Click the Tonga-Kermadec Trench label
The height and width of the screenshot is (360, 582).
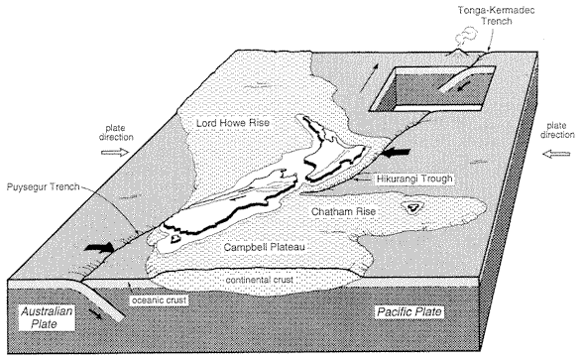pyautogui.click(x=497, y=16)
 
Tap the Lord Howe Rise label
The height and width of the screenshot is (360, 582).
pyautogui.click(x=233, y=123)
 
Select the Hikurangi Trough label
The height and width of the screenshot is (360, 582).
pyautogui.click(x=414, y=179)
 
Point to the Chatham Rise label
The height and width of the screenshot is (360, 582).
pyautogui.click(x=343, y=212)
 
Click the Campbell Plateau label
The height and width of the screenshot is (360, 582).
pyautogui.click(x=265, y=247)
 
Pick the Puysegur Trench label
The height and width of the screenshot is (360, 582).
pyautogui.click(x=43, y=186)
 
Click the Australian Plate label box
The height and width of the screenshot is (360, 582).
pyautogui.click(x=47, y=317)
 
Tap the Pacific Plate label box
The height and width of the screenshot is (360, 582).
pyautogui.click(x=409, y=311)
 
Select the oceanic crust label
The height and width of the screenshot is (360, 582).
pyautogui.click(x=160, y=300)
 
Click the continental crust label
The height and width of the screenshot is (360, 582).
pyautogui.click(x=260, y=280)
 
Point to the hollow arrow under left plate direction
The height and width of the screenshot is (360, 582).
pyautogui.click(x=115, y=152)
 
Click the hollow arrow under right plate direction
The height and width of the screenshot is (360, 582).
pyautogui.click(x=556, y=154)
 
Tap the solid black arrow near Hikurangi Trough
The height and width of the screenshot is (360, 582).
pyautogui.click(x=396, y=152)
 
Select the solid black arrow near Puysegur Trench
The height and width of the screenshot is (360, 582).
pyautogui.click(x=99, y=247)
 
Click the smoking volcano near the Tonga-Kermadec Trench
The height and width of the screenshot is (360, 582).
pyautogui.click(x=459, y=53)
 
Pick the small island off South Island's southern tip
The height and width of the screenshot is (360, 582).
pyautogui.click(x=175, y=238)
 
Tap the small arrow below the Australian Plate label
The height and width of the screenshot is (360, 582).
pyautogui.click(x=95, y=314)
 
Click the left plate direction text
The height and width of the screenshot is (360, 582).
pyautogui.click(x=116, y=133)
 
